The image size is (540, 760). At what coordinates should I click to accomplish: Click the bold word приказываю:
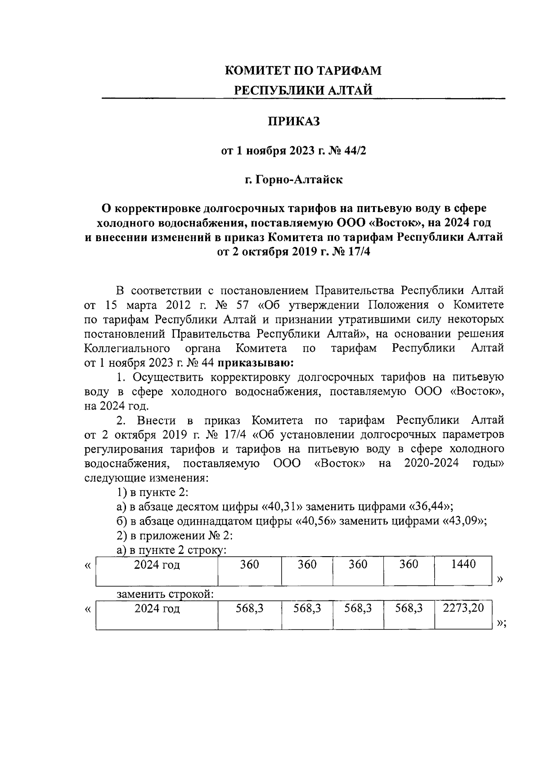tap(256, 362)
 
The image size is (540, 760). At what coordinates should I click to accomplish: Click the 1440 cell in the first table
tap(463, 565)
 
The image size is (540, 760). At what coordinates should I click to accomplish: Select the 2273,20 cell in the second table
tap(463, 608)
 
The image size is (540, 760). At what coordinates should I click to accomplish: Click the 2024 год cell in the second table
tap(157, 609)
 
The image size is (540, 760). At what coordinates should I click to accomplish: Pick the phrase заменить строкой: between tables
tap(165, 594)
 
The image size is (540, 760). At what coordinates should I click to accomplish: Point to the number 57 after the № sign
tap(242, 305)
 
